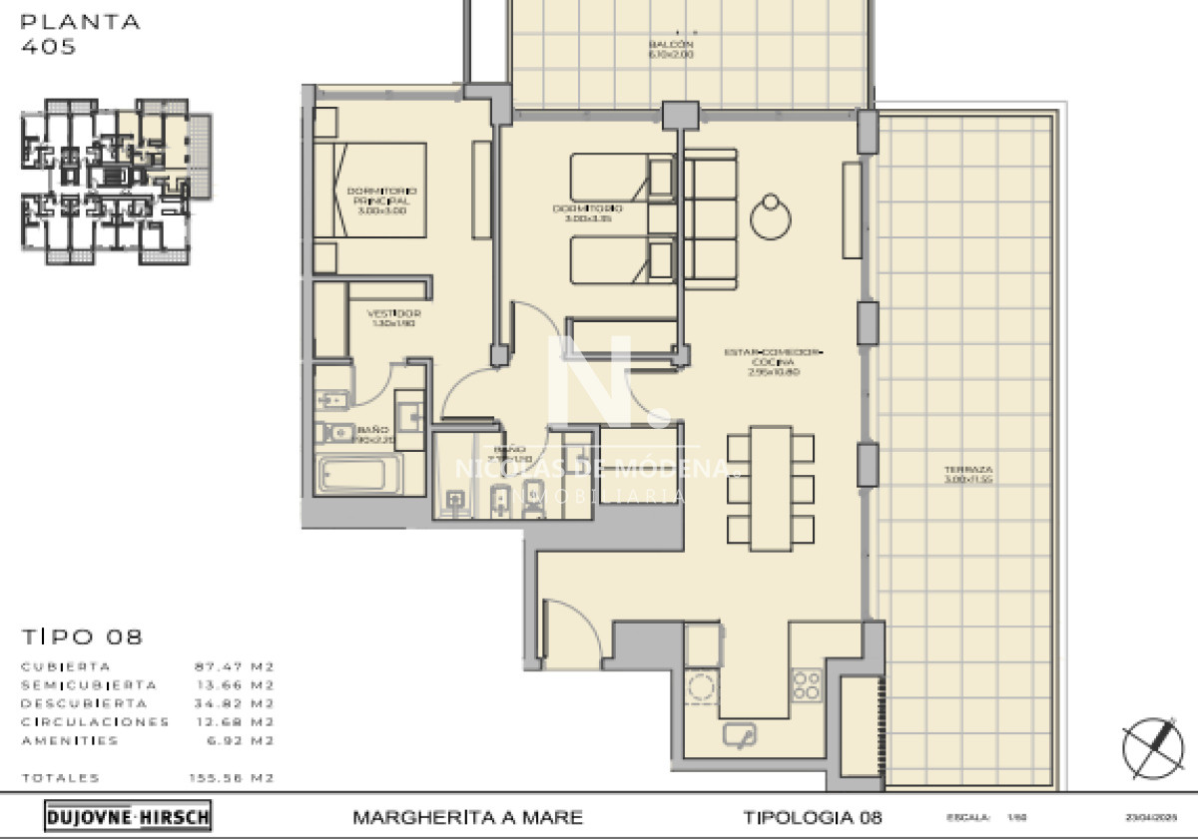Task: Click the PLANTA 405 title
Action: point(81,33)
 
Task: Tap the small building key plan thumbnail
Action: point(116,182)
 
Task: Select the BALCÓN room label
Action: point(671,50)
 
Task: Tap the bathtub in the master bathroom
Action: point(357,475)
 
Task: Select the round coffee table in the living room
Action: point(772,216)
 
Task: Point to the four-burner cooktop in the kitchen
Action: point(807,684)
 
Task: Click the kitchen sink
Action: point(740,735)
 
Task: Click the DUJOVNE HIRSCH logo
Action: point(128,817)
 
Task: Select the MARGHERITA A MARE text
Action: point(467,818)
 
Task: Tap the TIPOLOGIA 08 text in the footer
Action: point(813,818)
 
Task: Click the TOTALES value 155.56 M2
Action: point(232,778)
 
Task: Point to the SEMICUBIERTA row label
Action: point(88,685)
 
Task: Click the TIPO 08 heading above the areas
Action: point(82,636)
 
